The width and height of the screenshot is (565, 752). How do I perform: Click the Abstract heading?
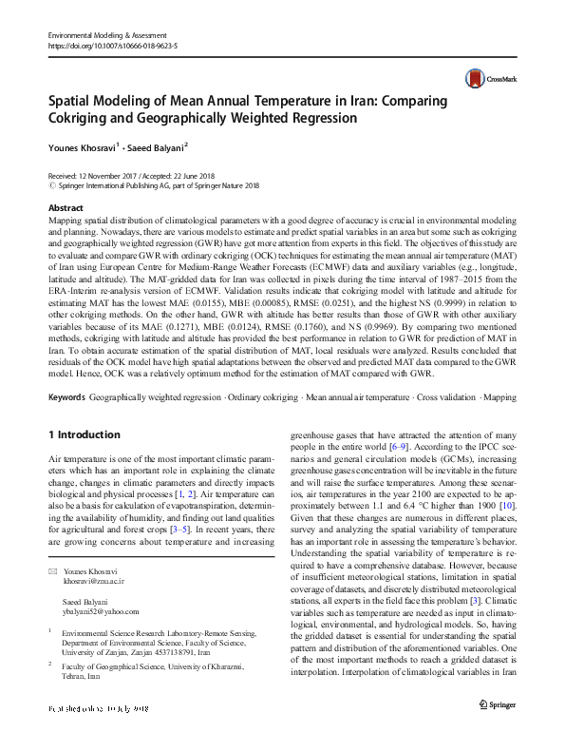[x=65, y=207]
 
